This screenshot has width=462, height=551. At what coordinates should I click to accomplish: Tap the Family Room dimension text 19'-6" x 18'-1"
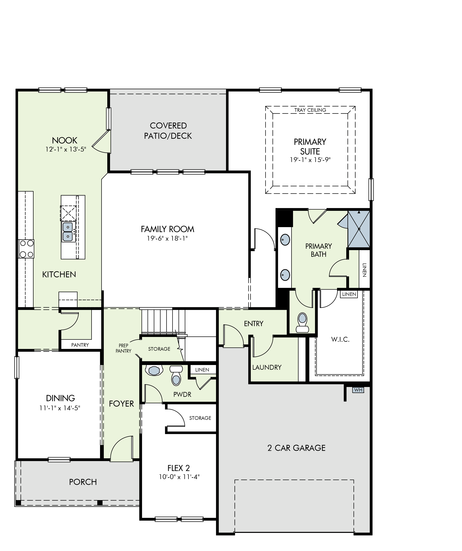168,238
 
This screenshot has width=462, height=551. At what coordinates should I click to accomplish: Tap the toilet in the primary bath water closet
302,323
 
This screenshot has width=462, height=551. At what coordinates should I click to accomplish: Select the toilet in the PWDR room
176,376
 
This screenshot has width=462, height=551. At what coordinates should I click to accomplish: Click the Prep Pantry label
123,348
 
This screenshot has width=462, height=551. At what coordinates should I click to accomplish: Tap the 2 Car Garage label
296,448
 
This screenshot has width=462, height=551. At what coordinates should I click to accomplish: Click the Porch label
83,482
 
